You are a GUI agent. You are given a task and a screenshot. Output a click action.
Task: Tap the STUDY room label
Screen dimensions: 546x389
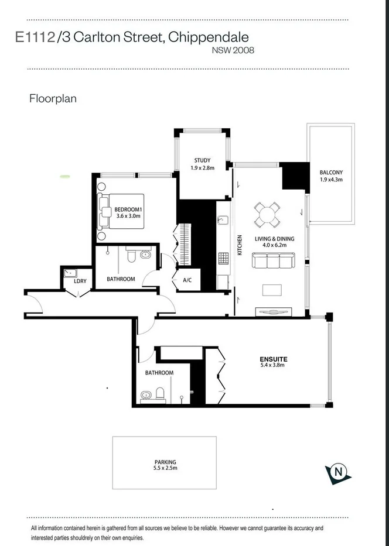click(202, 160)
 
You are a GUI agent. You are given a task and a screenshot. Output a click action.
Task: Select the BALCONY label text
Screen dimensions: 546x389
click(331, 172)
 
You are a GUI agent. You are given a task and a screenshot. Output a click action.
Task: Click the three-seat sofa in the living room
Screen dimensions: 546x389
click(273, 260)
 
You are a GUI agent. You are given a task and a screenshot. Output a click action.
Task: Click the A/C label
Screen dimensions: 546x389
click(187, 280)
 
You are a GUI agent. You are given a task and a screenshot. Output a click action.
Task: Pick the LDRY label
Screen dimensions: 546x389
click(80, 281)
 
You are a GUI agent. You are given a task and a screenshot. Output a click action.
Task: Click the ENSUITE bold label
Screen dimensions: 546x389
click(274, 359)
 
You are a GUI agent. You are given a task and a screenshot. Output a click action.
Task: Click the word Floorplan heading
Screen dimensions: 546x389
click(53, 98)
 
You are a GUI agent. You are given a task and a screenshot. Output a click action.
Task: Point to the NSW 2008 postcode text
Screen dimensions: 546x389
click(233, 50)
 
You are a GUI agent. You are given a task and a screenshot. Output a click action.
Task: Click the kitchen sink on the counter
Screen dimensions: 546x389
click(222, 220)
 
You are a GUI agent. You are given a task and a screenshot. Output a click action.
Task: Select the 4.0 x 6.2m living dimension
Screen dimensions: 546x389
click(274, 246)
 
